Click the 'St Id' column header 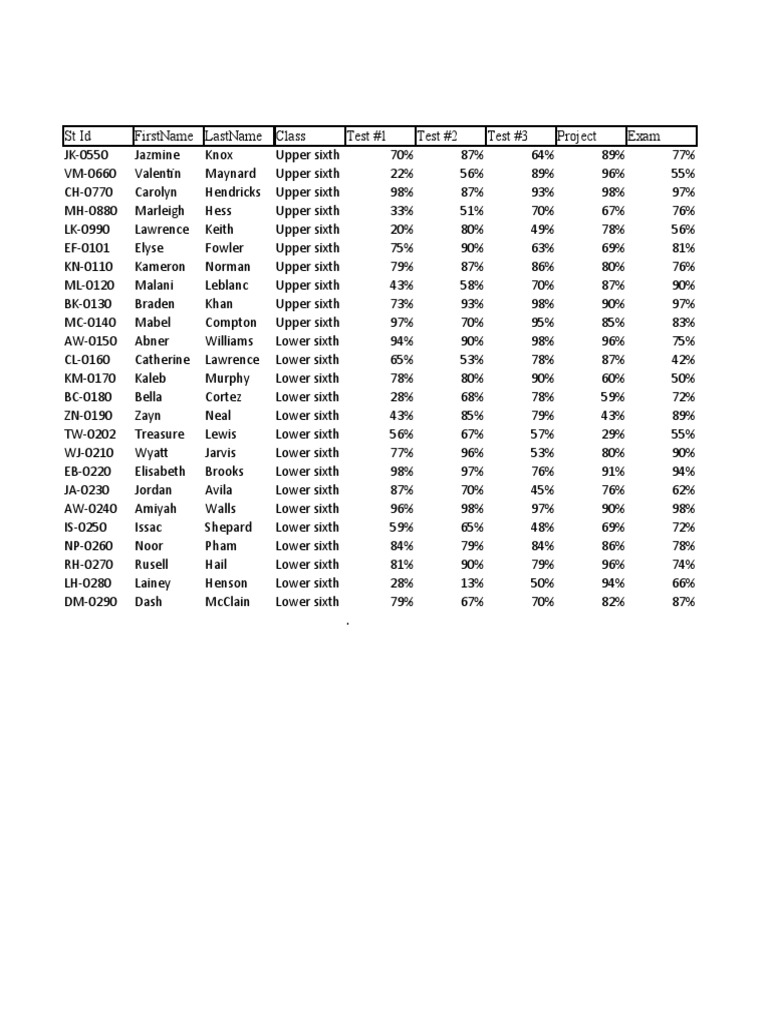pos(77,136)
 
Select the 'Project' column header pos(577,136)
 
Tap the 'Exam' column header pos(644,136)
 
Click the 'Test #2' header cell pos(437,136)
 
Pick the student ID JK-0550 pos(87,155)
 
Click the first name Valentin pos(158,174)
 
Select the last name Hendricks pos(232,192)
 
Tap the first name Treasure pos(159,434)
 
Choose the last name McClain pos(227,602)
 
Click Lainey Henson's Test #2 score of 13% pos(471,583)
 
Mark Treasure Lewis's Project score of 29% pos(612,434)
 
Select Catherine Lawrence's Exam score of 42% pos(683,360)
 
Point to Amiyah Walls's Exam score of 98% pos(683,509)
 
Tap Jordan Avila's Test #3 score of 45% pos(541,490)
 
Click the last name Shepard pos(228,527)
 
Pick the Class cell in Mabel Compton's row pos(307,322)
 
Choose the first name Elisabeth pos(160,471)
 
